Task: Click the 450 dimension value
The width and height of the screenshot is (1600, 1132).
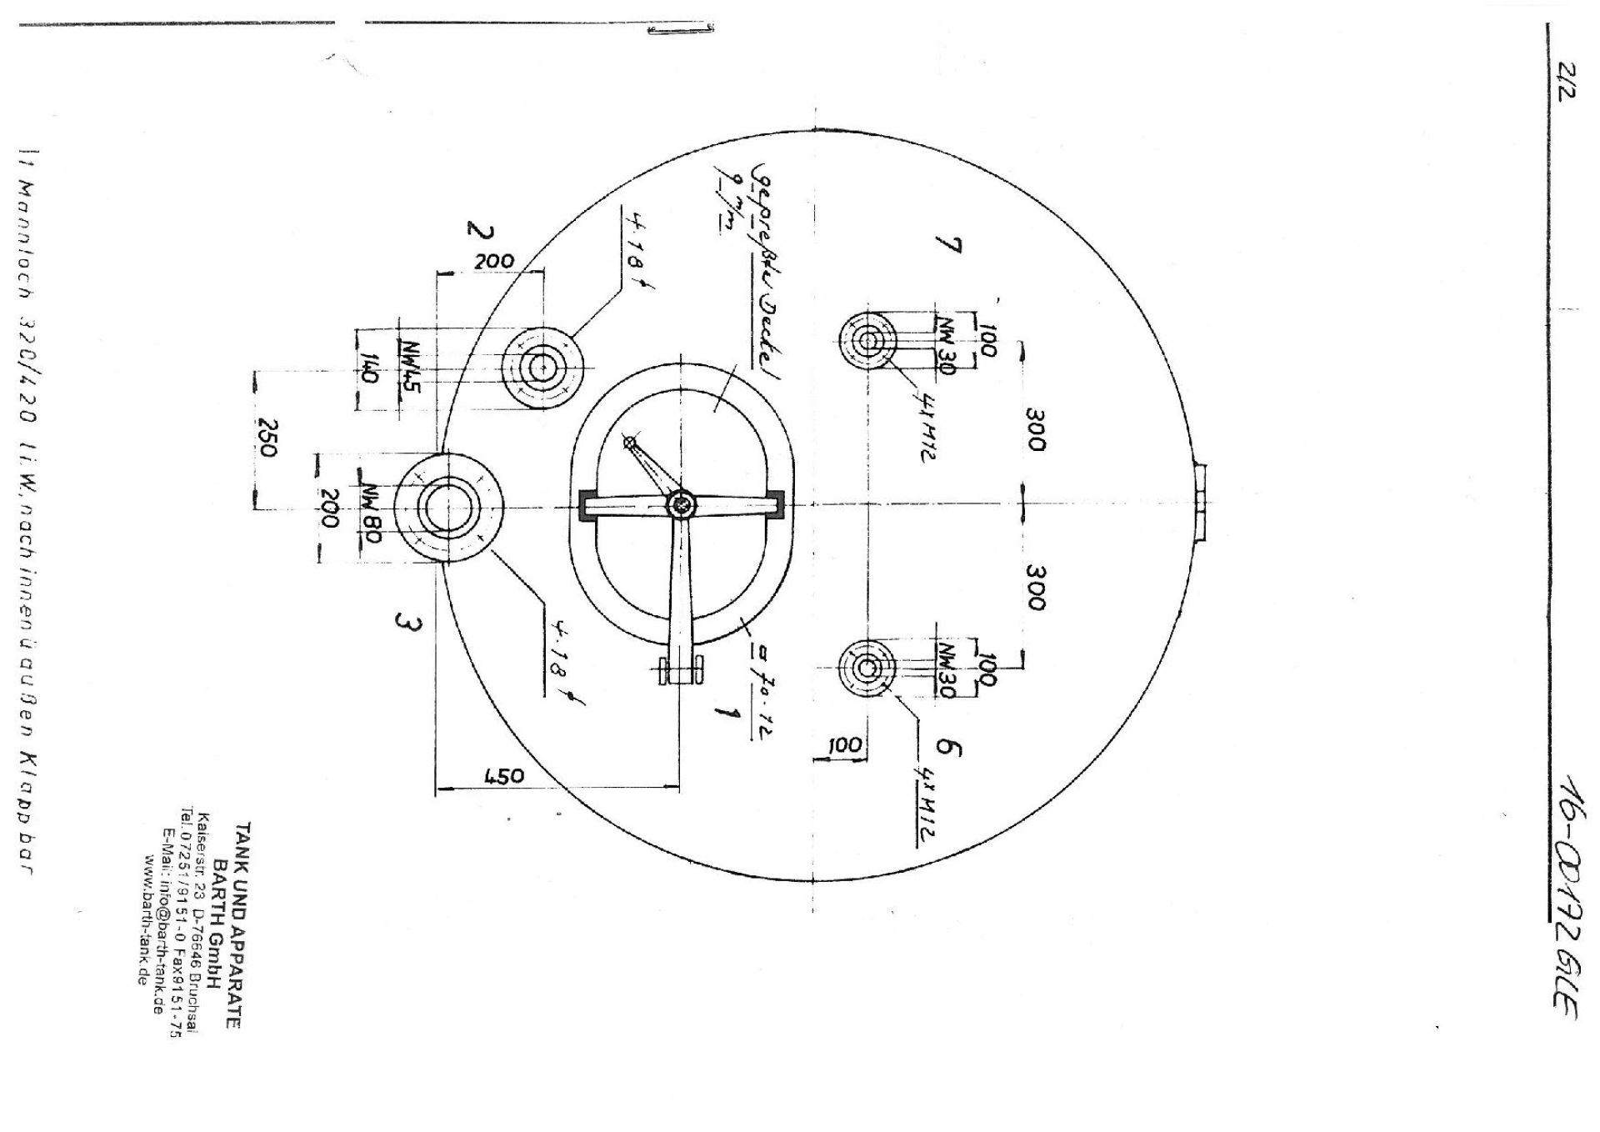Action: (x=504, y=776)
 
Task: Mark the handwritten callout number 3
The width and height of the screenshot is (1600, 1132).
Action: (x=406, y=624)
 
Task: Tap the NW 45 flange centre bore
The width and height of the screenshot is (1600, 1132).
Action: (x=542, y=367)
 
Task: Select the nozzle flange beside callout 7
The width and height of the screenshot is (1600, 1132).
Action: (x=868, y=340)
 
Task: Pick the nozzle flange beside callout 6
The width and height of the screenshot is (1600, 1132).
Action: (x=867, y=668)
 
